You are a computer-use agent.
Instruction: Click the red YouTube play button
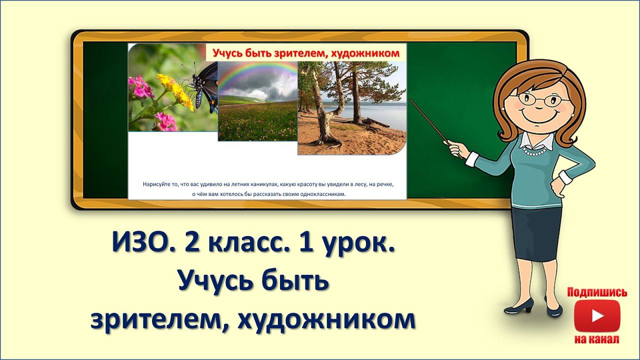coord(597,316)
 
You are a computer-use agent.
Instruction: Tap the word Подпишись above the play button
coord(597,292)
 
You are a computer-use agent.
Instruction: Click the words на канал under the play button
coord(597,339)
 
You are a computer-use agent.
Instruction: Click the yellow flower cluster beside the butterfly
coord(175,90)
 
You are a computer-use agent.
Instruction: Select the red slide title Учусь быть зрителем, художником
coord(306,52)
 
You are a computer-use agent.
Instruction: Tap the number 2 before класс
coord(191,245)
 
